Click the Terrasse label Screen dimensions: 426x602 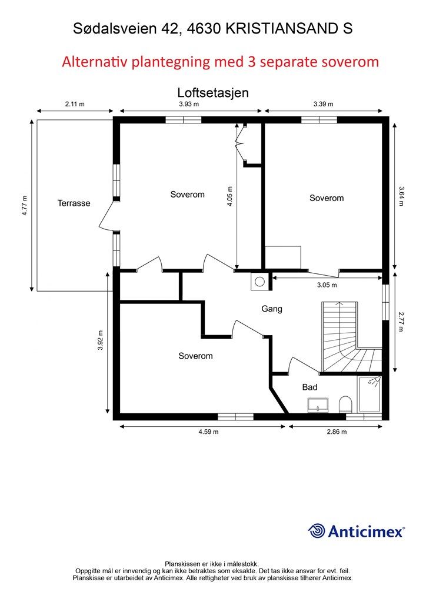74,203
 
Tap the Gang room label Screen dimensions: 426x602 272,309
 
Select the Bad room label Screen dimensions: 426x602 309,387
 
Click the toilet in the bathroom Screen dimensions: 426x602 346,404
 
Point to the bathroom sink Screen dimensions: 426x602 318,406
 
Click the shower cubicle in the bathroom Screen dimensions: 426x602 369,394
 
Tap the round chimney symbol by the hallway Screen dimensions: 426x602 260,282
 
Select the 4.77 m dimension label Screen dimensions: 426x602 25,205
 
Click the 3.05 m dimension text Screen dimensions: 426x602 327,285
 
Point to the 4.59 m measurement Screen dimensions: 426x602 208,432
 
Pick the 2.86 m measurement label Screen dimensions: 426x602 337,432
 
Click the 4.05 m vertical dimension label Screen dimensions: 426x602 229,196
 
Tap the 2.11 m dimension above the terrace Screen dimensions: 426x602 75,103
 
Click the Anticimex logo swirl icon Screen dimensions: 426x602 317,531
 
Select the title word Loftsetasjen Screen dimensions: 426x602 213,92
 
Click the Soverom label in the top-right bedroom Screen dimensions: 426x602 327,198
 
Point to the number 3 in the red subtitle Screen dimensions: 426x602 252,62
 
